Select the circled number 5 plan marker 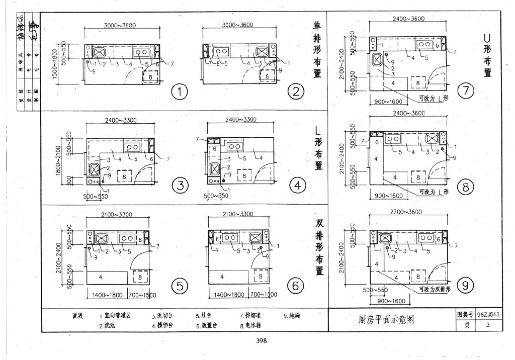coord(179,287)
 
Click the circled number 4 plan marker coord(297,186)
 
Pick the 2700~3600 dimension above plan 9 coord(405,212)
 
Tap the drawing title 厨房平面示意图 coord(387,319)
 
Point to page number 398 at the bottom coord(261,341)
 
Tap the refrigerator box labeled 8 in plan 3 coord(123,175)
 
